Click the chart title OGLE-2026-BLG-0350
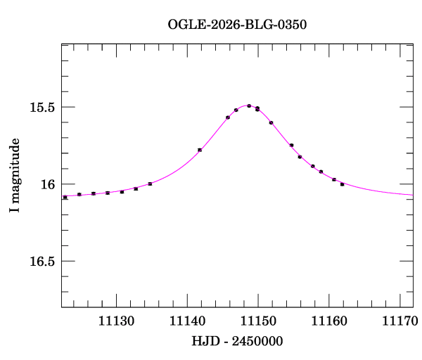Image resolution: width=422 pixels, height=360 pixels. (237, 25)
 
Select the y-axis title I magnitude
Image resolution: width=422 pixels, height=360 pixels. (15, 175)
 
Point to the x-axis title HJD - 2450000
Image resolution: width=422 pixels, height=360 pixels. (237, 341)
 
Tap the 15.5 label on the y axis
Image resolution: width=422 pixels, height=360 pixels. (42, 108)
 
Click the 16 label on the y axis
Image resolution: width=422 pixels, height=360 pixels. (48, 184)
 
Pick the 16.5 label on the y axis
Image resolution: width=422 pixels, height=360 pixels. (42, 262)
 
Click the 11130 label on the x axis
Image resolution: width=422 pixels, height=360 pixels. (116, 321)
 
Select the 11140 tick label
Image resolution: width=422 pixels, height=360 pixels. (187, 321)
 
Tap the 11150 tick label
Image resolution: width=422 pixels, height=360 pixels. (258, 321)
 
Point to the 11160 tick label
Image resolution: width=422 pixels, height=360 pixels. (329, 321)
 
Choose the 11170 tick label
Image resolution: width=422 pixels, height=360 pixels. (400, 321)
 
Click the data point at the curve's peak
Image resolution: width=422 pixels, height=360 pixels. (249, 106)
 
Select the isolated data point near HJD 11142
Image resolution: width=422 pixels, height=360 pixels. (200, 150)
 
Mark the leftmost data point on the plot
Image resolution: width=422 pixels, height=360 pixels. (65, 197)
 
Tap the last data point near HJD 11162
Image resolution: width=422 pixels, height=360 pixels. (342, 184)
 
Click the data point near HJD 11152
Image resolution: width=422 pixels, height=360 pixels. (271, 122)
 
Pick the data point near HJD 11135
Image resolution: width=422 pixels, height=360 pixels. (150, 184)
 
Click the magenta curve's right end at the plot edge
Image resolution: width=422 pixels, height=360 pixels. (413, 195)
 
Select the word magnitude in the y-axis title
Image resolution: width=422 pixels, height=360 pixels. (15, 171)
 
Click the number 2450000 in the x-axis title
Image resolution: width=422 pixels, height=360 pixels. (257, 341)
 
